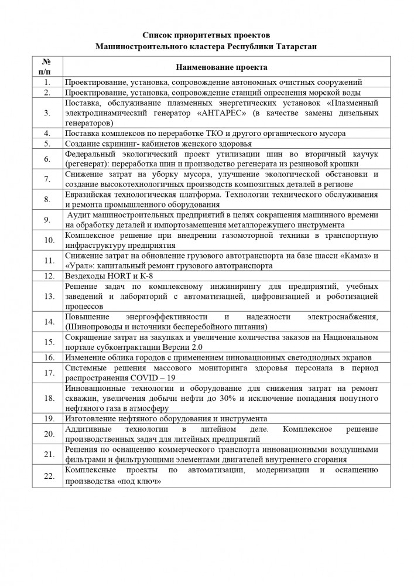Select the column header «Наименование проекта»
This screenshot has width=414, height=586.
[x=221, y=68]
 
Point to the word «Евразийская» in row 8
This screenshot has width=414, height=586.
[x=90, y=194]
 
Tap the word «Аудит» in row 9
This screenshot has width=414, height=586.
[x=80, y=215]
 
